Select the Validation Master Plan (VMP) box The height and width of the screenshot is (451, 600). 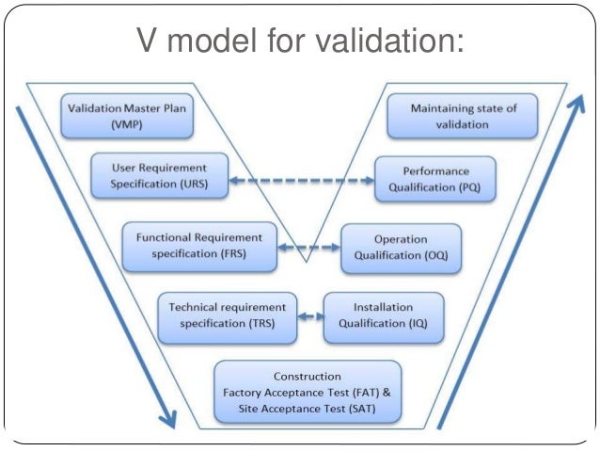125,114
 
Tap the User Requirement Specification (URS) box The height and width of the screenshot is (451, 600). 159,175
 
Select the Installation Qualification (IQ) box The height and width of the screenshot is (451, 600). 382,315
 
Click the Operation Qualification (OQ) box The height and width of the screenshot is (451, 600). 401,248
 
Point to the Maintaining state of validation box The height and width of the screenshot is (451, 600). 464,115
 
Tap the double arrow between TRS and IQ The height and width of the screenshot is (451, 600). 310,316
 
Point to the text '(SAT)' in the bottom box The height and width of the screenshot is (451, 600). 354,410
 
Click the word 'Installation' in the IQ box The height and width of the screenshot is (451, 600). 382,307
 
